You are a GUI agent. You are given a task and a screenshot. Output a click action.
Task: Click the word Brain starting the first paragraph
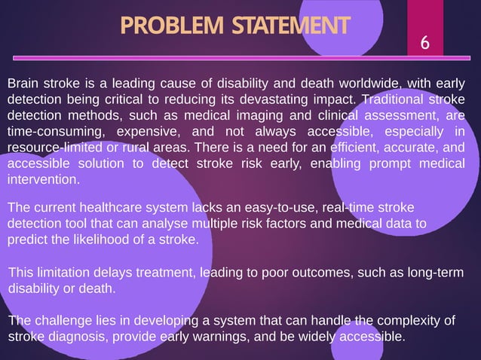coord(24,84)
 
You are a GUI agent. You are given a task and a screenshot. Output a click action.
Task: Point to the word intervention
coord(42,181)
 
